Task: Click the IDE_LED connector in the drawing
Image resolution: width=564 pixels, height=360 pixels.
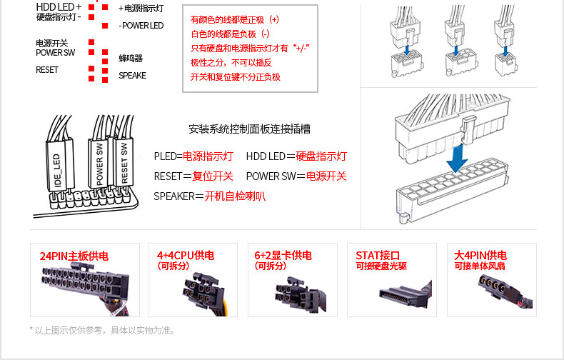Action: coord(59,164)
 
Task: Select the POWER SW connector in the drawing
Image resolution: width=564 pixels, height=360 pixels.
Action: coord(99,163)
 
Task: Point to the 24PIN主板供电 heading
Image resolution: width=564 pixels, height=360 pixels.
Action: coord(74,256)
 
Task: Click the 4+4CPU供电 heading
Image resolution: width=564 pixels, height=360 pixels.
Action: coord(186,256)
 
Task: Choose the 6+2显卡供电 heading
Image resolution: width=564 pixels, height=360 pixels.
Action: coord(283,256)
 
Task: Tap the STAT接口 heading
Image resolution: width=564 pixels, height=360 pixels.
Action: coord(378,256)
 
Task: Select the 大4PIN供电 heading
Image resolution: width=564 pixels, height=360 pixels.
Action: coord(480,256)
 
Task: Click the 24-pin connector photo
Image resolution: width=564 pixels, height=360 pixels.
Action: coord(76,286)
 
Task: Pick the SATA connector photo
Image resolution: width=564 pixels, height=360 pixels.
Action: coord(392,292)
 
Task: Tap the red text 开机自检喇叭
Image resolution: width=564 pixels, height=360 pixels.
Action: coord(235,196)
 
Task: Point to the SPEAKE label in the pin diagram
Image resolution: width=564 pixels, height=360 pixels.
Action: coord(132,76)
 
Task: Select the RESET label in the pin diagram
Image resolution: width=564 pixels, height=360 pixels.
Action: coord(47,70)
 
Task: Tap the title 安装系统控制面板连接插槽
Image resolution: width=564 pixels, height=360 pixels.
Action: coord(249,130)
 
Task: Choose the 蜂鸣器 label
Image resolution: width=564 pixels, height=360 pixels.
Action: coord(131,59)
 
